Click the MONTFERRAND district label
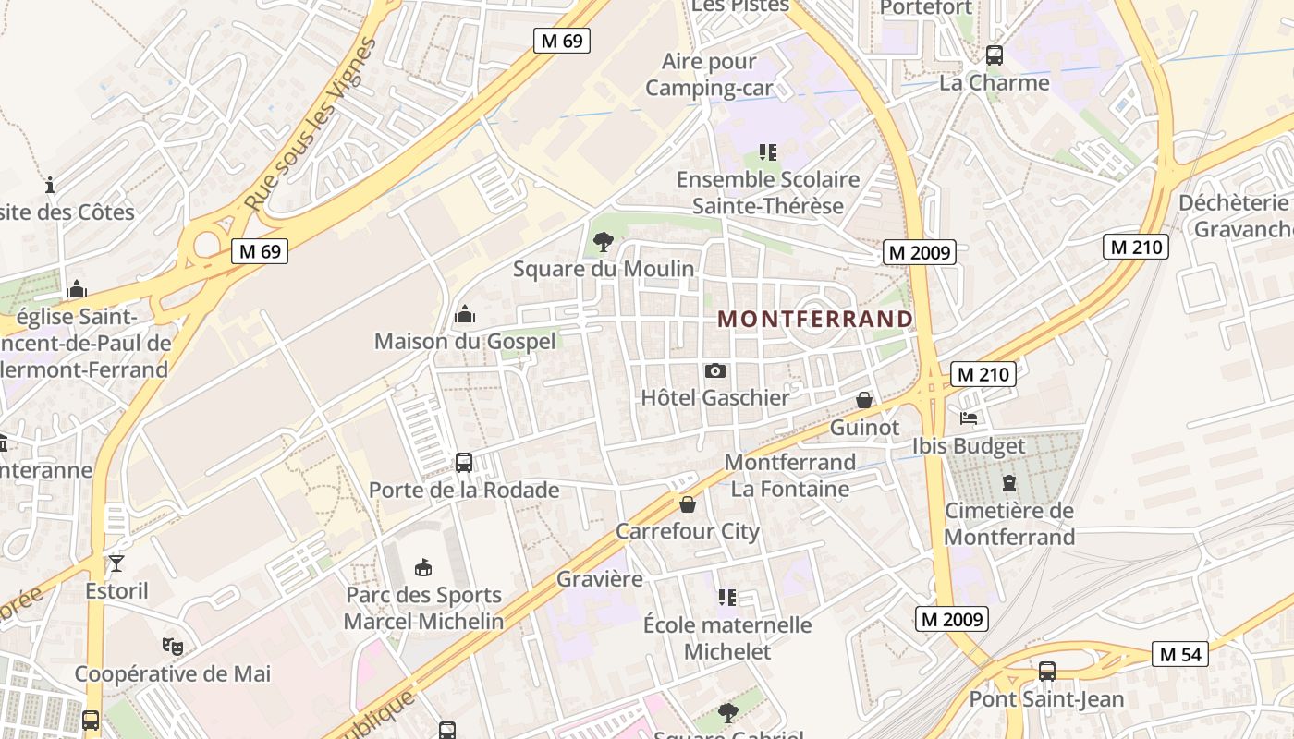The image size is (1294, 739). point(815,319)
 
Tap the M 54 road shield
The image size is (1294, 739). point(1180,654)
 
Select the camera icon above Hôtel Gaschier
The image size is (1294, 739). point(714,370)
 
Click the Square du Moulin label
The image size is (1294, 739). point(604,269)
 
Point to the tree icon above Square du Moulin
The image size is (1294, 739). point(604,243)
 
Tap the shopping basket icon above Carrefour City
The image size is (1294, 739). point(688,504)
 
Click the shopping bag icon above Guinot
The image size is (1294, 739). point(864,400)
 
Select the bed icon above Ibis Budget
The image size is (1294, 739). point(969,418)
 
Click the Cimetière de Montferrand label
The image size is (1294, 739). point(1009,524)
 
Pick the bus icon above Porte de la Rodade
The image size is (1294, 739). point(464,462)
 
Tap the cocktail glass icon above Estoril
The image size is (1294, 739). point(116,563)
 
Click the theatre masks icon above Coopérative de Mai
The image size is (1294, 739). point(172,646)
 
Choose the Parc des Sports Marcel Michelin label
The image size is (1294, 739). point(423,608)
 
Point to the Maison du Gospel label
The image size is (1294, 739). point(465,341)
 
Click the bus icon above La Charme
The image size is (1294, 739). point(995,55)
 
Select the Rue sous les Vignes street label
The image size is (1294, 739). point(311,125)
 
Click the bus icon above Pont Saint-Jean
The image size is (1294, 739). point(1046,672)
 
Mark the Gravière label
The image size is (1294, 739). point(599,579)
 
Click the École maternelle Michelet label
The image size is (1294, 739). point(727,638)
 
